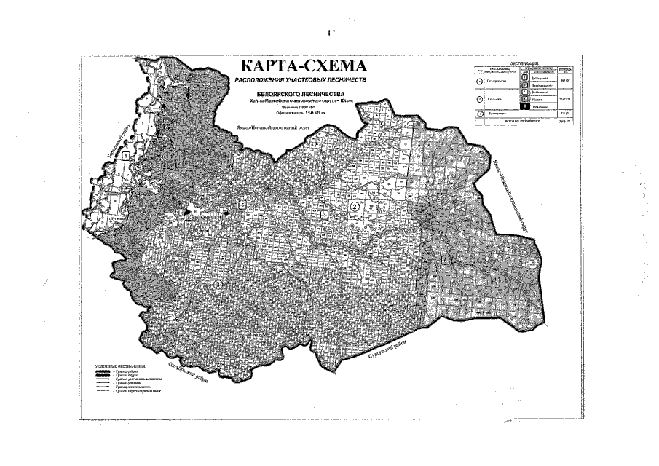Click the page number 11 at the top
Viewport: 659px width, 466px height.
(x=331, y=33)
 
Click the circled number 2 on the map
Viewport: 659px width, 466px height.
(x=355, y=208)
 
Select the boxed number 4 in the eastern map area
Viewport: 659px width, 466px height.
(x=445, y=260)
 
